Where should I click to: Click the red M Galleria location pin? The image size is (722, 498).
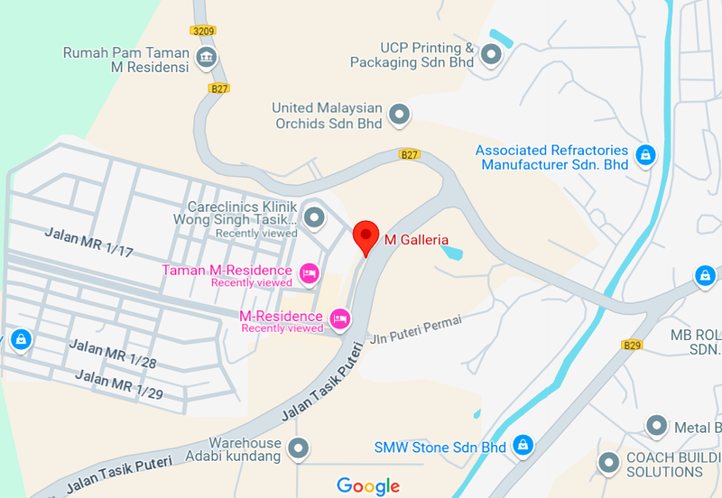(366, 236)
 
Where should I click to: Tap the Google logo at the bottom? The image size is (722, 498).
(368, 486)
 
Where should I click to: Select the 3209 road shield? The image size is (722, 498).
(204, 30)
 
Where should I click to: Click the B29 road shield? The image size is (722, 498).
(631, 345)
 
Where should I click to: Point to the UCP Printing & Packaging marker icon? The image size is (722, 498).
(491, 56)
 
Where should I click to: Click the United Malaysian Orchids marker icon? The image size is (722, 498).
(399, 115)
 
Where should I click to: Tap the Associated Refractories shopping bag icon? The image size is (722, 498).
(645, 156)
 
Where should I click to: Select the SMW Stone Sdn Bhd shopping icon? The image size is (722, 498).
(522, 445)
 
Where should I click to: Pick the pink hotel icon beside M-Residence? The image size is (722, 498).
(339, 318)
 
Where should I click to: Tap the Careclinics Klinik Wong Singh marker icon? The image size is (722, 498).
(314, 217)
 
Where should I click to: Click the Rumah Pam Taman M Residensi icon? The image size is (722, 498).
(207, 59)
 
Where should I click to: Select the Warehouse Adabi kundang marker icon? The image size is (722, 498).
(298, 447)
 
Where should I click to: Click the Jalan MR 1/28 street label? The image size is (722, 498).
(113, 354)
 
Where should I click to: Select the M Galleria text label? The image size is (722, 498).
(416, 240)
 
